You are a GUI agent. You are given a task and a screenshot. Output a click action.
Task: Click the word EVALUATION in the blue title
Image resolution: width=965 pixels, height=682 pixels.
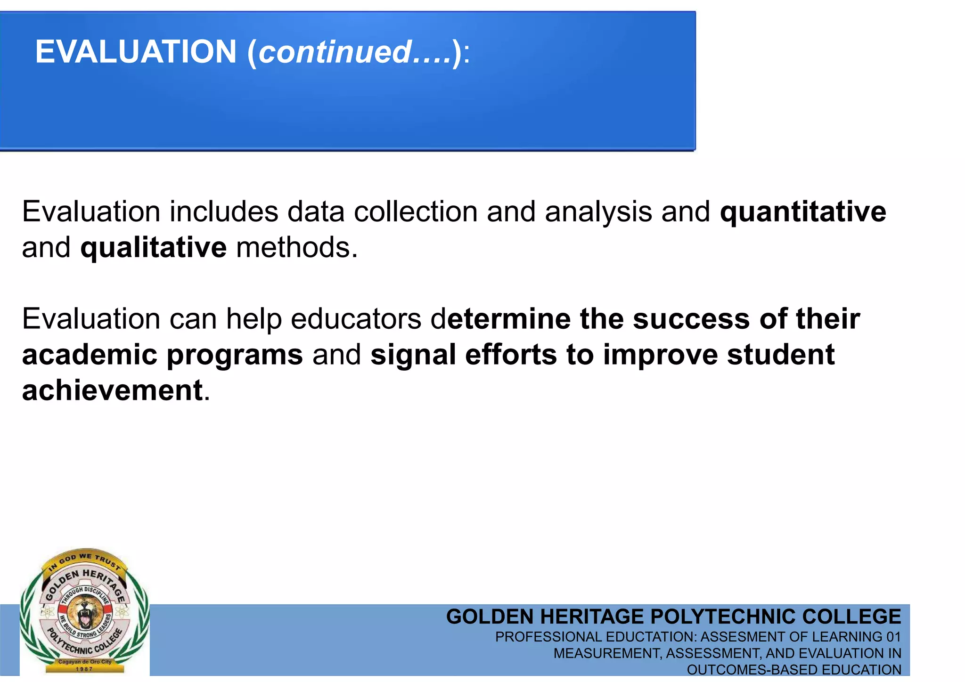(136, 51)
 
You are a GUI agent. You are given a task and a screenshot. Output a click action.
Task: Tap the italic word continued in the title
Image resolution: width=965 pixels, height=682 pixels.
(335, 52)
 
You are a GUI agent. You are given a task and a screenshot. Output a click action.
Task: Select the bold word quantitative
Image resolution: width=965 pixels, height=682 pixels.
(803, 211)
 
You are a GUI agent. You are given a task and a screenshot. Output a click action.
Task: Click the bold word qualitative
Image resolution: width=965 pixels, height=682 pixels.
(153, 248)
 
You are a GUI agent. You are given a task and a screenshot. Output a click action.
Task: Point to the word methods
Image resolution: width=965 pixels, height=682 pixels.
(296, 248)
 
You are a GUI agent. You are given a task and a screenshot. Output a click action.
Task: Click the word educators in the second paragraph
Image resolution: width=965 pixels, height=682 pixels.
(356, 319)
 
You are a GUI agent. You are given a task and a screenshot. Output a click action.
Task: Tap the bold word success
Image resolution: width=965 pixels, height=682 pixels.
(691, 319)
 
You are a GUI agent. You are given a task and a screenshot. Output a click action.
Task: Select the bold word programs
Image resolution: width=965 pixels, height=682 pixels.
(235, 355)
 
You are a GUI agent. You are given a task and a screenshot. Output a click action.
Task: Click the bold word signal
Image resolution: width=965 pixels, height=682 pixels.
(413, 355)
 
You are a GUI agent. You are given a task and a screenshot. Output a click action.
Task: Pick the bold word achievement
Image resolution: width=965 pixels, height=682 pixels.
(112, 390)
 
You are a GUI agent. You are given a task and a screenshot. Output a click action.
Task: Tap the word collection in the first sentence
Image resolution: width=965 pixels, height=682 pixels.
(416, 211)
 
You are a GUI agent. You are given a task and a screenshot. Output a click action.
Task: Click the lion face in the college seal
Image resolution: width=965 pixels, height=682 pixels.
(85, 612)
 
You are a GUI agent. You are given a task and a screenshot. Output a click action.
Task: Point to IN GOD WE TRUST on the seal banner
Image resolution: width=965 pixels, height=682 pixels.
(85, 560)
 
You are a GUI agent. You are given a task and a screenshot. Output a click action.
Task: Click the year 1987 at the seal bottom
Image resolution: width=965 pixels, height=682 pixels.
(84, 669)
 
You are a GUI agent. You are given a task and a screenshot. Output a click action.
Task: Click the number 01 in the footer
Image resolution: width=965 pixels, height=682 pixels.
(893, 637)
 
